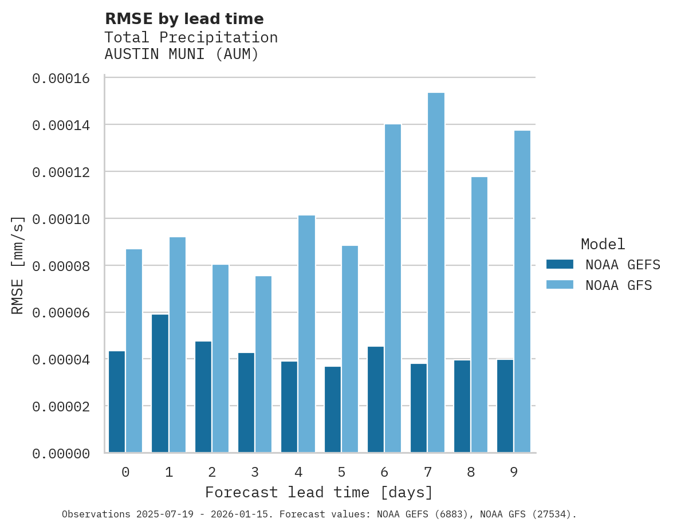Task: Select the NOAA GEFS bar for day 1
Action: (x=160, y=383)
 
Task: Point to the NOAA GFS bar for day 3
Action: (x=263, y=364)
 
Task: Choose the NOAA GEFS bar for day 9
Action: (x=505, y=406)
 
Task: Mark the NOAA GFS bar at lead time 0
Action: (x=134, y=351)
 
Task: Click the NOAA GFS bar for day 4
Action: (x=306, y=334)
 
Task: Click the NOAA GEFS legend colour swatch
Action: (x=560, y=264)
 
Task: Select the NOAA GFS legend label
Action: (x=619, y=285)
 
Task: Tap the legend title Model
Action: (x=603, y=244)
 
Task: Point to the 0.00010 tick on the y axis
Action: (x=61, y=219)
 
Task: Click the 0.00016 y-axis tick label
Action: (x=61, y=78)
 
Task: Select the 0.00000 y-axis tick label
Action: (x=61, y=453)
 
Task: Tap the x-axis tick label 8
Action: (x=471, y=472)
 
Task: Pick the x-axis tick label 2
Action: (x=212, y=472)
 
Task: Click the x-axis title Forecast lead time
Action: (x=319, y=492)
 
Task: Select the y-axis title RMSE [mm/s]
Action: (x=18, y=265)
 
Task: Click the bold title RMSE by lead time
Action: (x=184, y=19)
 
